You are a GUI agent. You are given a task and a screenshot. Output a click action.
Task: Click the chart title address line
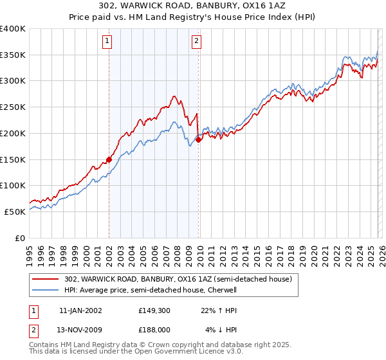[193, 6]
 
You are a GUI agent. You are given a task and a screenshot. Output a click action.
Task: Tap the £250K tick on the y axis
[13, 107]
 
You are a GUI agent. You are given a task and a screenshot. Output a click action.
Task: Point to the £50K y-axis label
[15, 212]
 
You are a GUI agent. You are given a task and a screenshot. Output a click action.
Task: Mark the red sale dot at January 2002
[109, 159]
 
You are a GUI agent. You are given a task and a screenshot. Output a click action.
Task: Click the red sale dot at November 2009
[198, 139]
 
